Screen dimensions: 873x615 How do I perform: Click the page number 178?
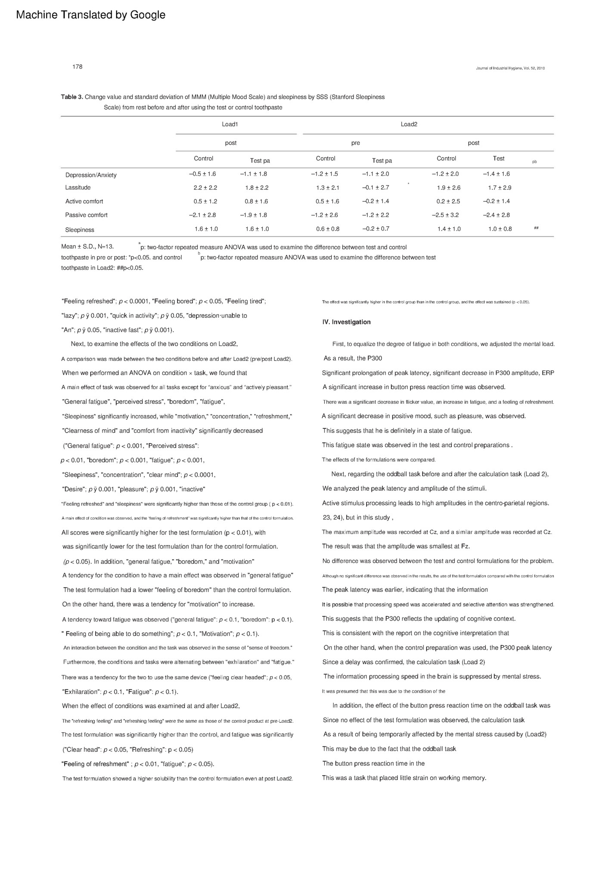[78, 67]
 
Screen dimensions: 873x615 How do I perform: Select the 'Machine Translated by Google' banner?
[90, 15]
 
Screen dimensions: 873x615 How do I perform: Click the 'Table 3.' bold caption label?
[72, 97]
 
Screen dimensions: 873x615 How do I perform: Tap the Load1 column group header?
[230, 124]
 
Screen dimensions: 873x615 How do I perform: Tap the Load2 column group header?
[409, 124]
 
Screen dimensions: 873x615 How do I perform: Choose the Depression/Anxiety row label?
[91, 175]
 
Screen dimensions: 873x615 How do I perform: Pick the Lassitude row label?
[78, 188]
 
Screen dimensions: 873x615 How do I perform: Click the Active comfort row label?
[84, 201]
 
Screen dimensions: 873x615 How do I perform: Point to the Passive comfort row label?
[86, 215]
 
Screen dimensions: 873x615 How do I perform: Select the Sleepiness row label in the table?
[80, 230]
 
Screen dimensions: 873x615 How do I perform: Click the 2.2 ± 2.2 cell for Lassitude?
[205, 188]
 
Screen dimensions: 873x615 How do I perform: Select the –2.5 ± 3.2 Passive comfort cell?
[446, 215]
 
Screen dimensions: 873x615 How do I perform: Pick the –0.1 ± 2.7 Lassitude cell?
[376, 188]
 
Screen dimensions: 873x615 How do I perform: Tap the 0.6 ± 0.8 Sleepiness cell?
[328, 229]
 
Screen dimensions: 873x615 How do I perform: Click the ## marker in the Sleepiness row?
[536, 228]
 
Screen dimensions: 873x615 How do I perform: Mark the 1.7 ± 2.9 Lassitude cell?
[500, 188]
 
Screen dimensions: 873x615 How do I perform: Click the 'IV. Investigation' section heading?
[346, 322]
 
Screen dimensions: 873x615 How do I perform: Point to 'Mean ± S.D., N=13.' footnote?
[88, 247]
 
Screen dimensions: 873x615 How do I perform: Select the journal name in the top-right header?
[510, 68]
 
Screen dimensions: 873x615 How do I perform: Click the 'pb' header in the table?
[534, 162]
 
